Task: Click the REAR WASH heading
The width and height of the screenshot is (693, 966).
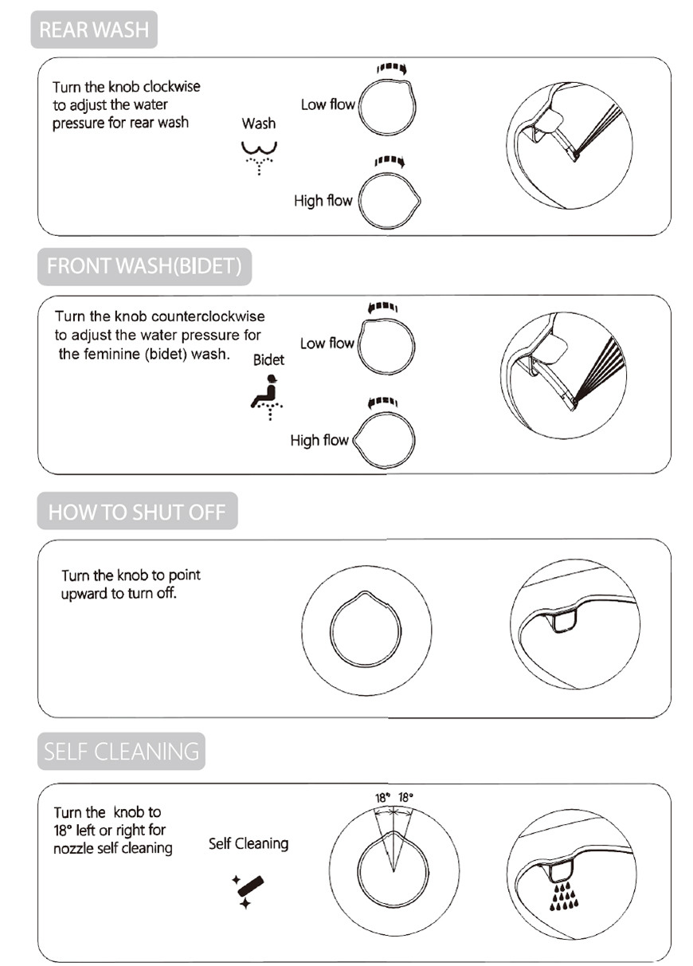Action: [x=94, y=30]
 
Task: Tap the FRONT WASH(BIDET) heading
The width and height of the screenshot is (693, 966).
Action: [x=144, y=266]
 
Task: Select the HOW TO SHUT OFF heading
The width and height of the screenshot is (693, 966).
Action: [x=137, y=512]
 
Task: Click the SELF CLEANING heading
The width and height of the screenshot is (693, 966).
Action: [x=121, y=752]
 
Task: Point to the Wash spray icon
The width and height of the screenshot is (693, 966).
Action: [x=259, y=156]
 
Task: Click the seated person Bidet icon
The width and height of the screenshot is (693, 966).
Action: [x=267, y=395]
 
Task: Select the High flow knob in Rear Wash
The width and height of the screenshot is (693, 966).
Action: [x=390, y=200]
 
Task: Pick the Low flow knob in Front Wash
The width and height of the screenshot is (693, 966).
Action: [x=387, y=345]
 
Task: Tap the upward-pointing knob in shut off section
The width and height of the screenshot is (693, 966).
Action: [x=366, y=630]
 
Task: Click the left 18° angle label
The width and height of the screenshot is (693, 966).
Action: [x=382, y=797]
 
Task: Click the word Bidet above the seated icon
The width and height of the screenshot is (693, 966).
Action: [x=268, y=360]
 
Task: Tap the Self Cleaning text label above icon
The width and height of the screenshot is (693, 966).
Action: [x=249, y=843]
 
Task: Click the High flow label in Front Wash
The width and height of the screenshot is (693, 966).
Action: [x=319, y=440]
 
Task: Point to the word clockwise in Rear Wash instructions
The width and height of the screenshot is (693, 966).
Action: [x=171, y=87]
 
